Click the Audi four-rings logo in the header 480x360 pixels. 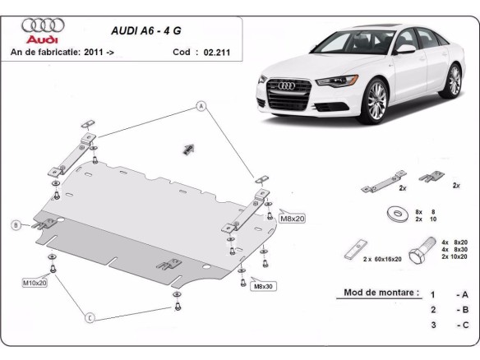point(39,25)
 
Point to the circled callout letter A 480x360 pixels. point(199,105)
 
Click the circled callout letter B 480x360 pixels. point(16,225)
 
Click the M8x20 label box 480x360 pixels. point(292,219)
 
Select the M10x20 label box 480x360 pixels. point(34,283)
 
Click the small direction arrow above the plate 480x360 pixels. point(187,148)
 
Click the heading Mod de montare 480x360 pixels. point(376,293)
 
